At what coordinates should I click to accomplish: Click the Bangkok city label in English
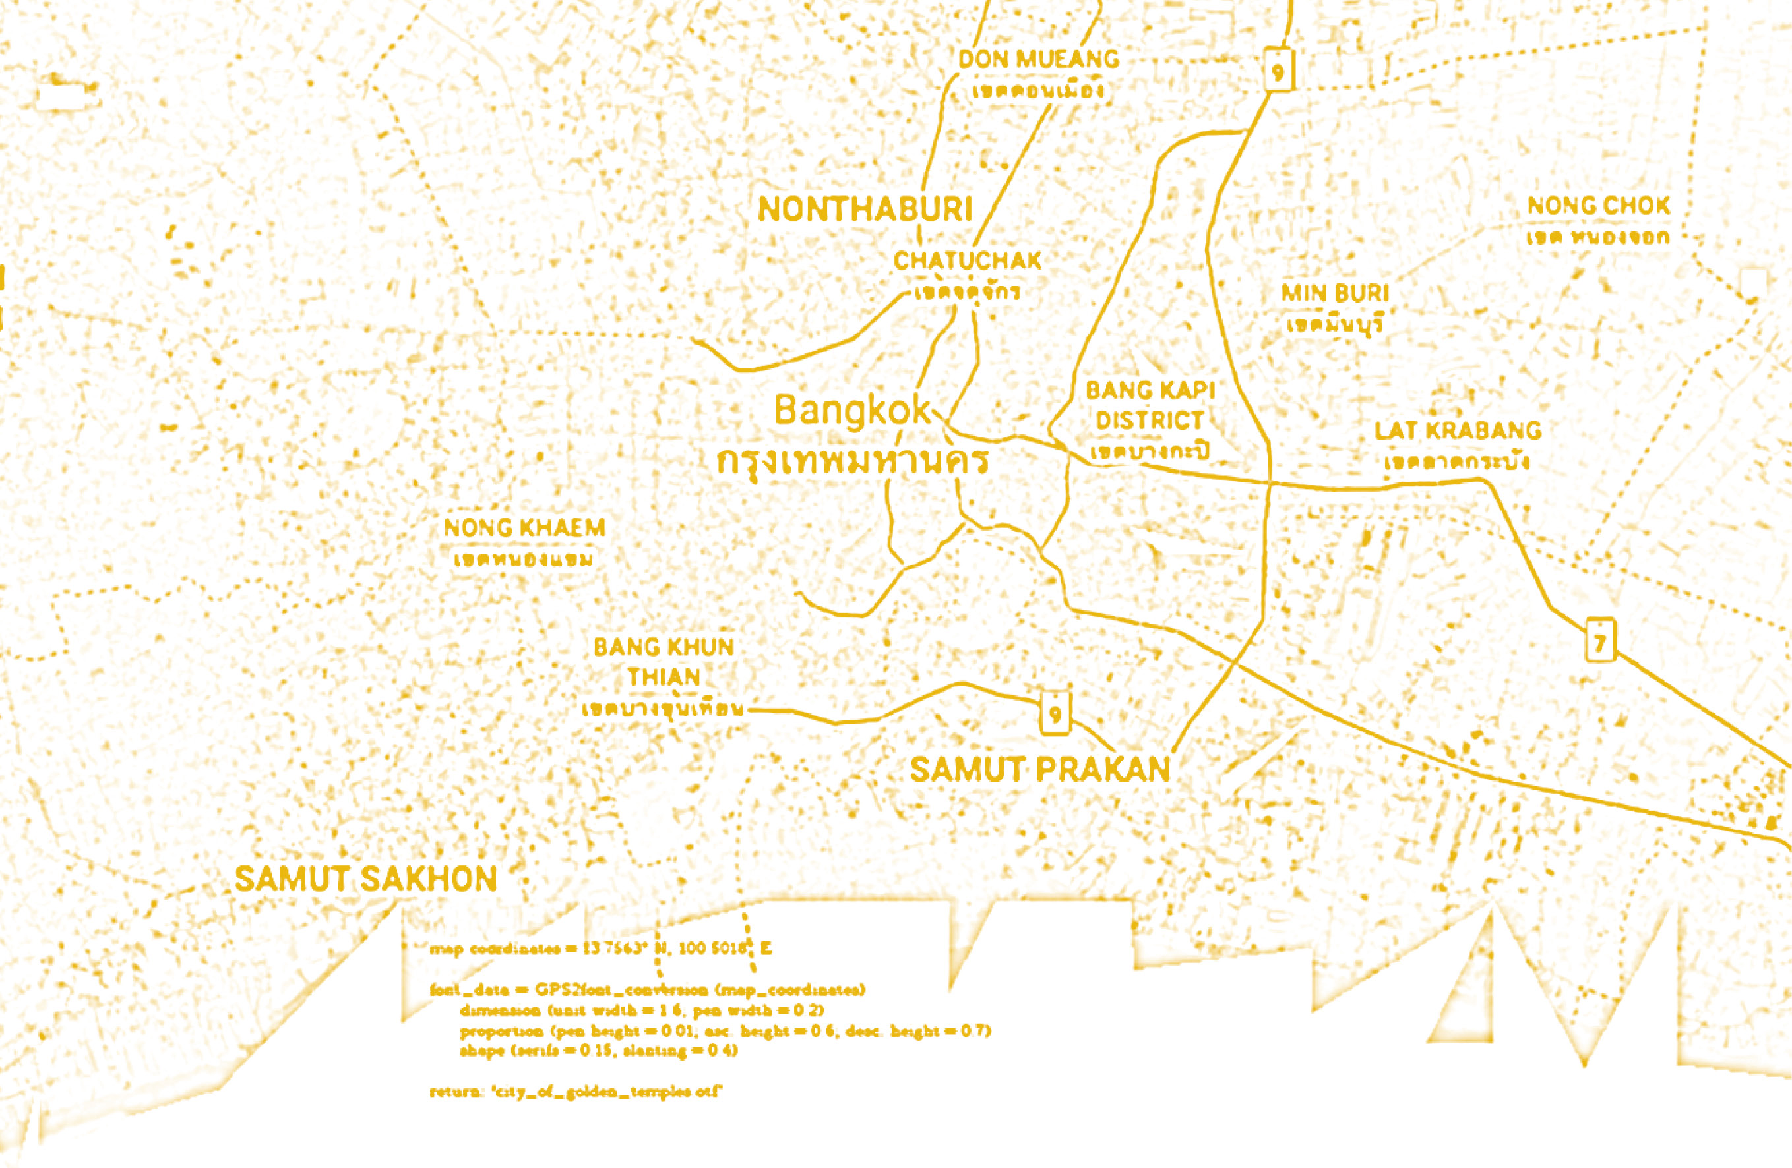tap(852, 411)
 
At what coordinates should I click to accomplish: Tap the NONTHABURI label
tap(865, 209)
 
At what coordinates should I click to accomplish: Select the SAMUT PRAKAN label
tap(1040, 770)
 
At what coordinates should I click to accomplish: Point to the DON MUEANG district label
tap(1038, 59)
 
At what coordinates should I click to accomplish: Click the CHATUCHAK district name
tap(968, 261)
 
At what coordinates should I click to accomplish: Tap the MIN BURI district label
tap(1335, 293)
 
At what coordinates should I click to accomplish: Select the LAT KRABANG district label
tap(1458, 430)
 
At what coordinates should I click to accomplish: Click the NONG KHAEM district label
tap(524, 527)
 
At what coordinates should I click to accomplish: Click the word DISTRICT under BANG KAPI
tap(1149, 421)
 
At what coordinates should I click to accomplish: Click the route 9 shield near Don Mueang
tap(1278, 71)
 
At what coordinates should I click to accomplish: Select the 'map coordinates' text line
tap(600, 949)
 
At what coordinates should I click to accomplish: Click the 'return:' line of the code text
tap(576, 1092)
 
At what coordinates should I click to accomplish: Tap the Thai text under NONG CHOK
tap(1597, 238)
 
